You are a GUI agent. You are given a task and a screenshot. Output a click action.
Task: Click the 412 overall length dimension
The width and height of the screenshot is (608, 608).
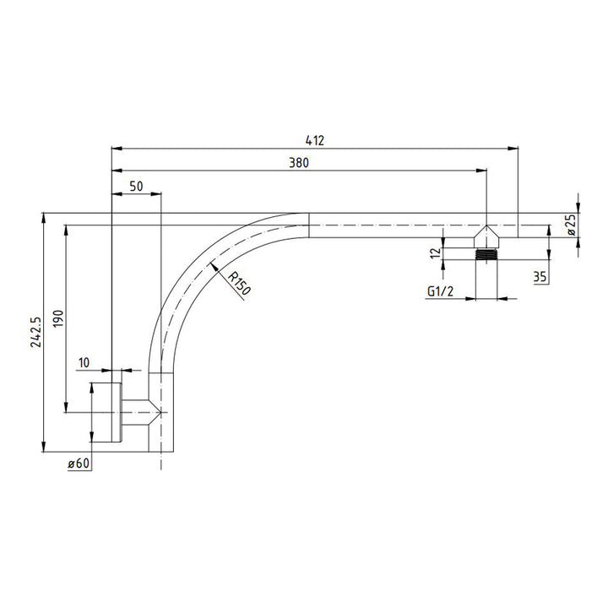point(315,139)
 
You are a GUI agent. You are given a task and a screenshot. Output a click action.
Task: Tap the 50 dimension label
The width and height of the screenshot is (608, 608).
point(135,185)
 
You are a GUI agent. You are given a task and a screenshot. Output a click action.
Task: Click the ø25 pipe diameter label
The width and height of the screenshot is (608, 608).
point(572,224)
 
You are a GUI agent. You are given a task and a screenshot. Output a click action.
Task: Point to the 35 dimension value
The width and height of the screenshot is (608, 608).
point(540,275)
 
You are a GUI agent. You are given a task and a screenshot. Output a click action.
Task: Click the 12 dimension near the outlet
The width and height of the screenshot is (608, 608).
point(434,252)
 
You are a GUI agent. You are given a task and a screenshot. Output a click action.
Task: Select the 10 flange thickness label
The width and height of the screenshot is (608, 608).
point(83,362)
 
